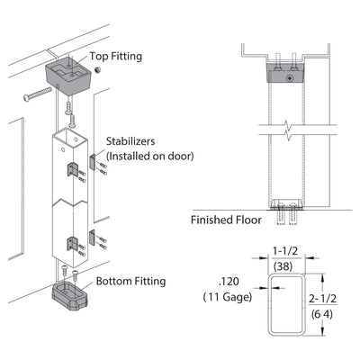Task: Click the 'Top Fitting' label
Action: tap(116, 57)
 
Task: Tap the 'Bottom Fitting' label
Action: tap(130, 282)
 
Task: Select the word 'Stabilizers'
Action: tap(130, 141)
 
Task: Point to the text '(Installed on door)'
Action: tap(150, 156)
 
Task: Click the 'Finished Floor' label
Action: tap(226, 220)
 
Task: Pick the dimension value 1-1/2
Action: tap(285, 251)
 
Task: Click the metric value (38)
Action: tap(283, 266)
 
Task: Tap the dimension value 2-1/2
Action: tap(323, 299)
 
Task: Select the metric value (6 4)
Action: tap(322, 314)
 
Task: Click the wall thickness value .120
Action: tap(229, 282)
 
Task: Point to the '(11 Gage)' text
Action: tap(228, 297)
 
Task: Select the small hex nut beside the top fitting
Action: tap(97, 70)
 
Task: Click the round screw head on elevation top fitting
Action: tap(290, 78)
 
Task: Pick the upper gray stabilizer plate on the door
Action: tap(93, 163)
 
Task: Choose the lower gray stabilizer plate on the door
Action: tap(92, 238)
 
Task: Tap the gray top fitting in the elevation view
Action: tap(286, 73)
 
